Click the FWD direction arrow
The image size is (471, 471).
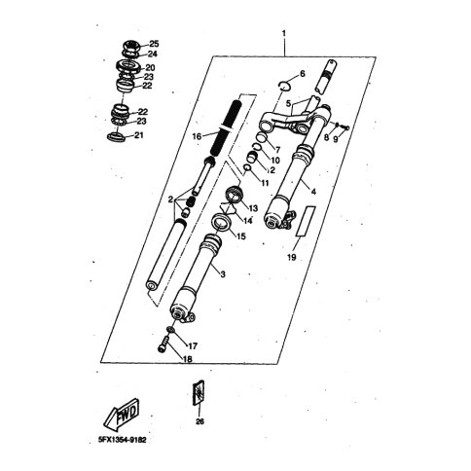point(122,414)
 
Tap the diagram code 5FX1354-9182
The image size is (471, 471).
point(123,440)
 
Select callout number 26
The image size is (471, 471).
point(199,421)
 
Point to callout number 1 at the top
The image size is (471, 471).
point(284,33)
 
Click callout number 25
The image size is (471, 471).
point(154,44)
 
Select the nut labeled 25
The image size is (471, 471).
point(132,46)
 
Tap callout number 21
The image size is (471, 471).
point(139,135)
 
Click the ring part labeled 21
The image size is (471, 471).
point(116,136)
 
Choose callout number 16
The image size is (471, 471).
point(198,136)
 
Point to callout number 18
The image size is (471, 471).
point(188,359)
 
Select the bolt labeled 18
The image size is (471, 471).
point(163,344)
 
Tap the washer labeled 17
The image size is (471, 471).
point(170,330)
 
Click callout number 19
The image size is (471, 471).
point(292,258)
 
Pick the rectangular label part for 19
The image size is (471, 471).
point(306,221)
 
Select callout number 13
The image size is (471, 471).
point(253,208)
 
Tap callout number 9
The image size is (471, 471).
point(336,139)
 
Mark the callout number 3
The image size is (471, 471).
point(223,274)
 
